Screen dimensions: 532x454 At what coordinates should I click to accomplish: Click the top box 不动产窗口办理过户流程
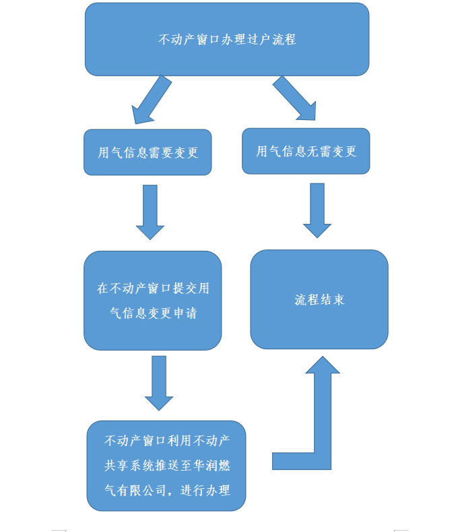[227, 39]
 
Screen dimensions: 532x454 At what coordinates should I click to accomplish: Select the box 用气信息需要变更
[148, 152]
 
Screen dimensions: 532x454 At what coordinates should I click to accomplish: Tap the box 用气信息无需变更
[306, 151]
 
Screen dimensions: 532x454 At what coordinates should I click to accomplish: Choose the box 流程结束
[319, 299]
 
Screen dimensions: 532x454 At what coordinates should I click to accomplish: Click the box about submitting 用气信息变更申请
[153, 301]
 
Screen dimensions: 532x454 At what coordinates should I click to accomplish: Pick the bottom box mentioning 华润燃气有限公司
[166, 465]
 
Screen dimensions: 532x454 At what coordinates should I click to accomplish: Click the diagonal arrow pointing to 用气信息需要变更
[151, 100]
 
